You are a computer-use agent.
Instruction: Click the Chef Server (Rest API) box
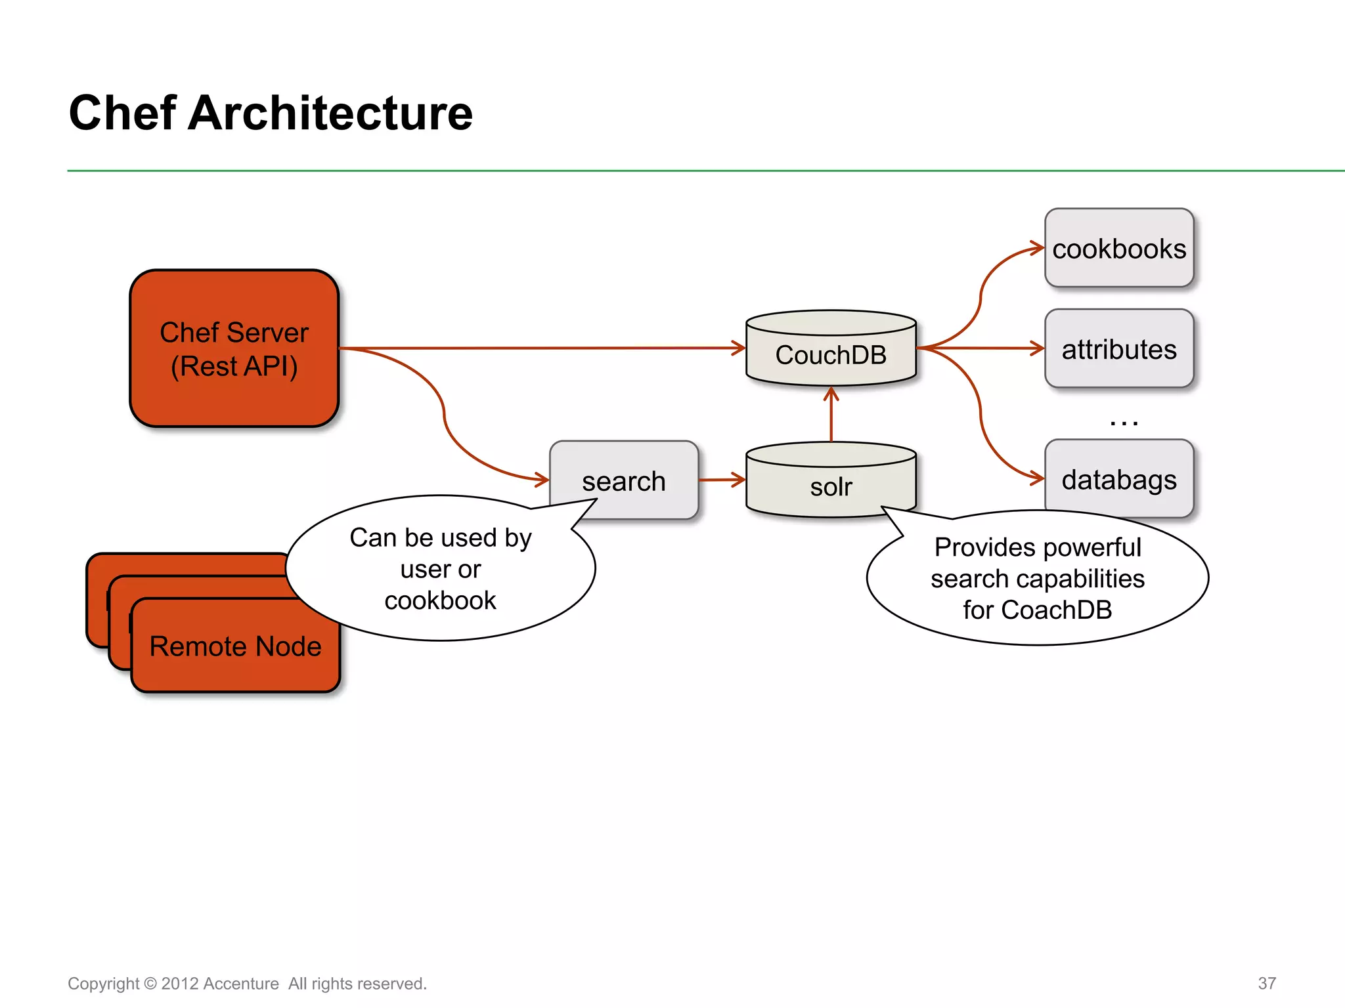(x=234, y=348)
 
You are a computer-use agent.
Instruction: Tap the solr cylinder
(x=831, y=486)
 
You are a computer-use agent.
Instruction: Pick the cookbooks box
(x=1118, y=249)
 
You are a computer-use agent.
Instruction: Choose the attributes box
(x=1118, y=349)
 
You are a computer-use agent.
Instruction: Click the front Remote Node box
(x=235, y=646)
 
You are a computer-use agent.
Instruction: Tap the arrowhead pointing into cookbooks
(x=1038, y=248)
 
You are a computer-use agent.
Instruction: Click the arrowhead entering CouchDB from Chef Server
(x=739, y=348)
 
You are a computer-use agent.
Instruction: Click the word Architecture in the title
(x=330, y=113)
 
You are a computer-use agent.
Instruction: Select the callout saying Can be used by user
(x=440, y=568)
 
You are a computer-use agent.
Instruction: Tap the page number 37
(x=1266, y=983)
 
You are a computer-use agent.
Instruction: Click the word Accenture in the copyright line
(x=240, y=984)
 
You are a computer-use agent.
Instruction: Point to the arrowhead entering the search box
(x=542, y=480)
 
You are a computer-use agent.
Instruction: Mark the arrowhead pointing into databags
(x=1038, y=478)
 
